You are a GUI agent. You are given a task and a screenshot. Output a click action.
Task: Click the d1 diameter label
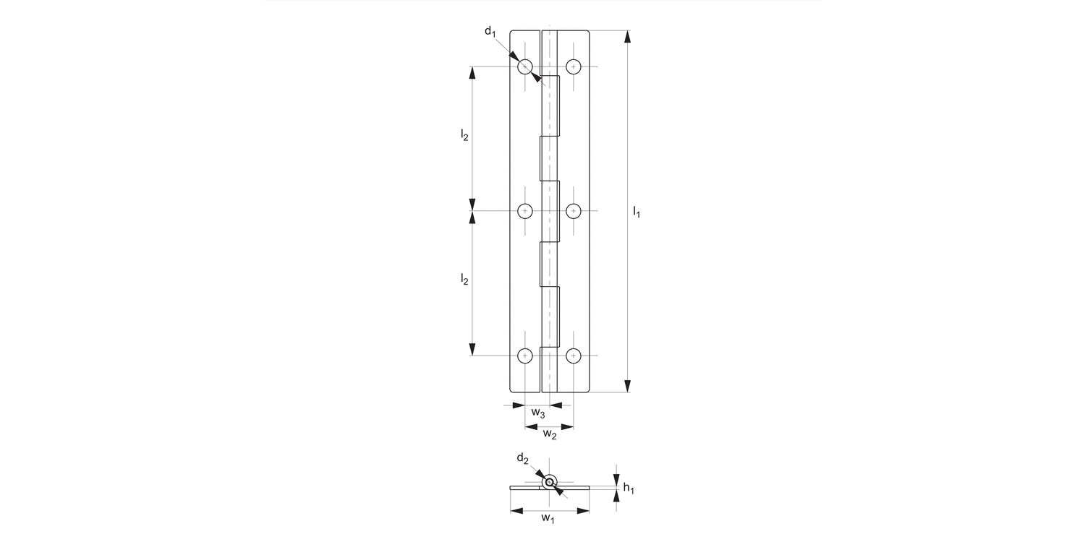pos(490,31)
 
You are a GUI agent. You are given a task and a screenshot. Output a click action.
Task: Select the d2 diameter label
pos(522,458)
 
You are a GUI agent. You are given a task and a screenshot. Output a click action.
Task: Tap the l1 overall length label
pos(637,212)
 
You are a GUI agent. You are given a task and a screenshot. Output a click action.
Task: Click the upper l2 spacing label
pos(464,135)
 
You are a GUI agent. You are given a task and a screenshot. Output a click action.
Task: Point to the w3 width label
pos(537,413)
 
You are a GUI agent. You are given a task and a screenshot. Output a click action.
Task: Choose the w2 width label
pos(550,434)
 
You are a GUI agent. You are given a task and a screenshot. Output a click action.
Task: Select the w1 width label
pos(548,519)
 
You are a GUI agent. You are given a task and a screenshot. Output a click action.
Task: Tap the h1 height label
pos(628,489)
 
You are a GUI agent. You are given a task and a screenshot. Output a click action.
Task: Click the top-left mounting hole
pos(525,66)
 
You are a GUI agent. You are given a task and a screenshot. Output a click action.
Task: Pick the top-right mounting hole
pos(574,66)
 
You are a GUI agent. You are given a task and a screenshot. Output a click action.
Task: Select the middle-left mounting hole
pos(525,211)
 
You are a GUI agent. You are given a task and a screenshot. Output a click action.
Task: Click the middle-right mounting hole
pos(574,211)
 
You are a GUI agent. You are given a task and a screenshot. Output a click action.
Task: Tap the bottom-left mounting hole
pos(525,356)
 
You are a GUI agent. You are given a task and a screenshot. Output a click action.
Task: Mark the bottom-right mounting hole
pos(574,356)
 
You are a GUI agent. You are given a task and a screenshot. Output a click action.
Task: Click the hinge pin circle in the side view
pos(550,483)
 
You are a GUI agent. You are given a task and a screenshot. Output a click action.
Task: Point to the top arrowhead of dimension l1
pos(627,37)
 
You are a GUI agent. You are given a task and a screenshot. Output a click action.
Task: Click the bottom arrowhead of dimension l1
pos(627,386)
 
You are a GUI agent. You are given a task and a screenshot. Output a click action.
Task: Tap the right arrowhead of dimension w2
pos(568,427)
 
